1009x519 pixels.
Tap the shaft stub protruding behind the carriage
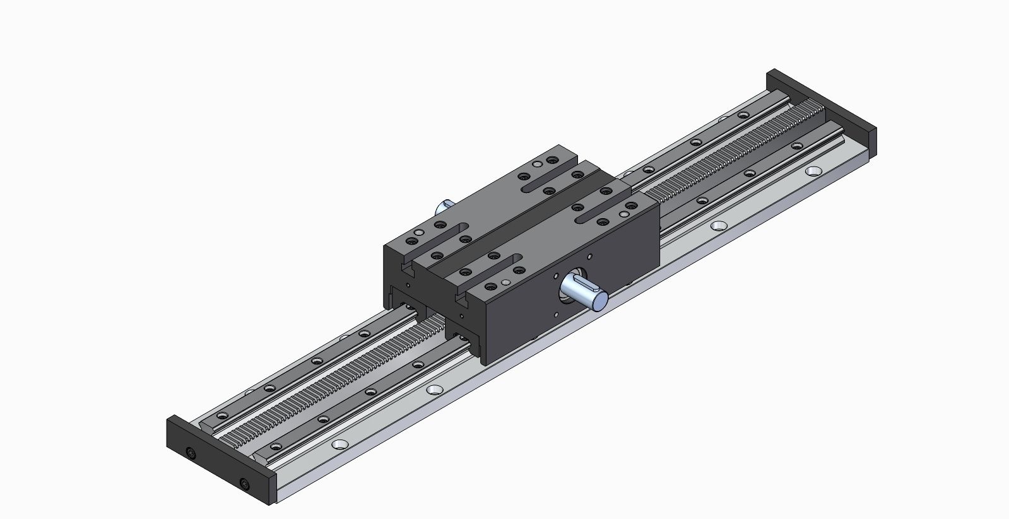tap(445, 206)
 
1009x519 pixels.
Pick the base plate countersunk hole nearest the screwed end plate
tap(340, 444)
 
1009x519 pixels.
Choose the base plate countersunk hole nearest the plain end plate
tap(813, 171)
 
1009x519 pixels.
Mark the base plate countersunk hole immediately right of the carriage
tap(718, 225)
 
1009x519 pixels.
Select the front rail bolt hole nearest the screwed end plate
tap(323, 419)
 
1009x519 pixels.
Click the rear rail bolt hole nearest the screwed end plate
tap(221, 416)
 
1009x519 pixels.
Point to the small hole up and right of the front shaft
tap(589, 257)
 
